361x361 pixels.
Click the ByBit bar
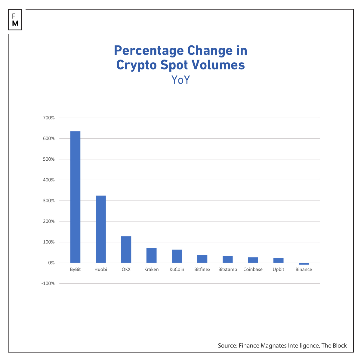[x=75, y=197]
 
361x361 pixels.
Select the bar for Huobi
[x=101, y=229]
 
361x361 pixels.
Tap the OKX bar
[x=126, y=249]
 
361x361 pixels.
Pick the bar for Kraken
[x=151, y=255]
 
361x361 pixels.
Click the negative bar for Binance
[x=304, y=264]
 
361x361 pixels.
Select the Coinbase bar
[x=253, y=260]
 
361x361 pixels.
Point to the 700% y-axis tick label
[x=49, y=118]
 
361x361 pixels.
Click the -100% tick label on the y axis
[x=48, y=283]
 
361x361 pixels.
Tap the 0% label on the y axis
[x=51, y=263]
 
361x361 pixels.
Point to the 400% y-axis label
[x=49, y=180]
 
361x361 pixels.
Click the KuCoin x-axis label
[x=177, y=270]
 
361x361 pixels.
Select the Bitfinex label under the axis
[x=202, y=270]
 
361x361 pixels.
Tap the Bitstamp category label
[x=227, y=270]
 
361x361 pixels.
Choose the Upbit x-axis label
[x=278, y=270]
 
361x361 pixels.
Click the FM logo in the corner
[x=15, y=20]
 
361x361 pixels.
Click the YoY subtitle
[x=180, y=80]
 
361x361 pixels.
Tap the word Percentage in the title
[x=149, y=51]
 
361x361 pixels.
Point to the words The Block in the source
[x=334, y=346]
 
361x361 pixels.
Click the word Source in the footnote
[x=227, y=346]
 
